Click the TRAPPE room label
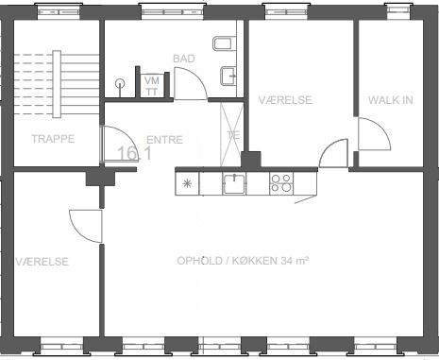click(x=53, y=139)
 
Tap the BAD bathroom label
click(x=184, y=59)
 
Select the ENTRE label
click(x=165, y=140)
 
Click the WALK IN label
click(x=391, y=100)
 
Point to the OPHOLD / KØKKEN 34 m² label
click(x=243, y=261)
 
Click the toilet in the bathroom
click(x=225, y=43)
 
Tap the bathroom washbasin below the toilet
click(x=228, y=76)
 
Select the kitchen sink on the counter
click(x=234, y=183)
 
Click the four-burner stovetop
click(x=281, y=183)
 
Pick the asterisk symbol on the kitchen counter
click(x=187, y=183)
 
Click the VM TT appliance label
click(x=152, y=86)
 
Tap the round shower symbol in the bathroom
click(x=120, y=84)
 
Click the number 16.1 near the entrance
click(x=134, y=153)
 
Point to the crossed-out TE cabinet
click(x=232, y=134)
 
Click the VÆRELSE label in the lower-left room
click(x=42, y=262)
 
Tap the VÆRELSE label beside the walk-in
click(x=285, y=100)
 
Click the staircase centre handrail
click(x=57, y=84)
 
